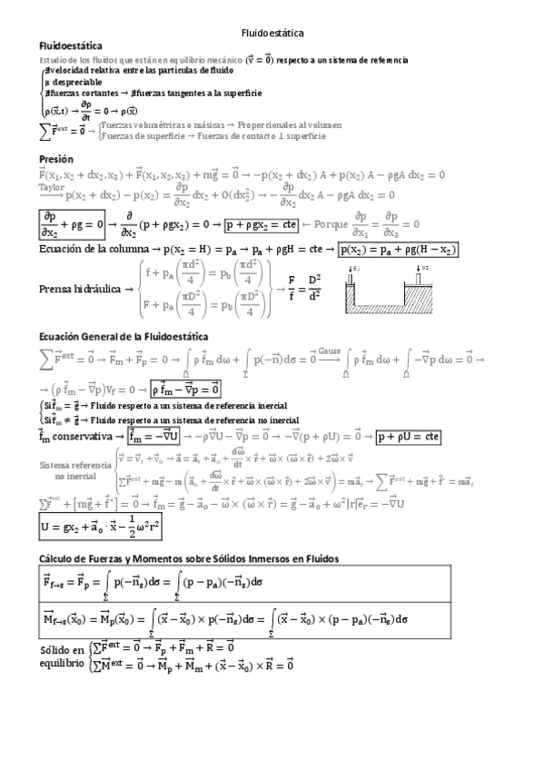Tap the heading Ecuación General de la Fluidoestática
point(124,337)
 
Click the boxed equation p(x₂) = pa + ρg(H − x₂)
point(398,250)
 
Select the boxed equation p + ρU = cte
point(409,436)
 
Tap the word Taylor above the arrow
point(52,187)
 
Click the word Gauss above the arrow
point(329,350)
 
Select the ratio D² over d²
point(314,287)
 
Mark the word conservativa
point(86,437)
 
